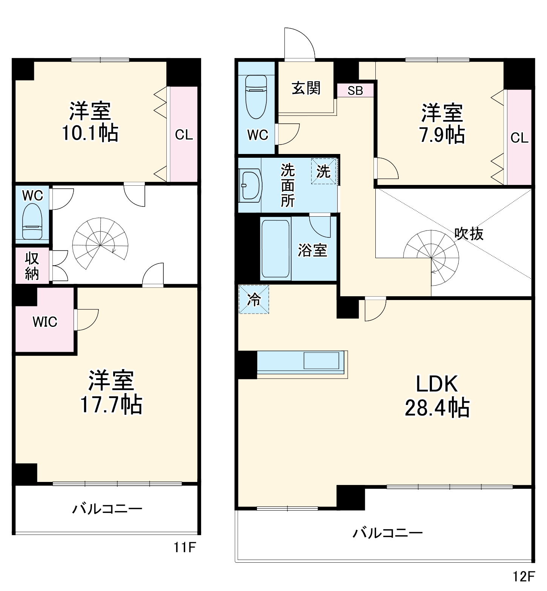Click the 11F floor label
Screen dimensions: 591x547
(185, 547)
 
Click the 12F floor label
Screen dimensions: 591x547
(524, 576)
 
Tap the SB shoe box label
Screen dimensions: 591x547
(355, 91)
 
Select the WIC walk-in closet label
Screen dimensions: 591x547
(45, 322)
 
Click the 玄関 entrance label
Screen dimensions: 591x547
(306, 88)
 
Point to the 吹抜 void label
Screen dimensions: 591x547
(469, 234)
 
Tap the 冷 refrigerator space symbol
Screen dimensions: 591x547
(254, 300)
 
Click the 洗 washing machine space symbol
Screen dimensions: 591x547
(323, 171)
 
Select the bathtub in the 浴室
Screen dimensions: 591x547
(276, 248)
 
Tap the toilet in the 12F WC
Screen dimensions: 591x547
(256, 97)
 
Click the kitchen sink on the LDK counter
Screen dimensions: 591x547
(321, 361)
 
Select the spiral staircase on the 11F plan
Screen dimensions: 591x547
(100, 243)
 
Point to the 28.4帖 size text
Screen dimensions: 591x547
(437, 408)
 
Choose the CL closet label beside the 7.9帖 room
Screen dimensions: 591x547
(519, 138)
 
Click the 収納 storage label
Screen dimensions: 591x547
(32, 266)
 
